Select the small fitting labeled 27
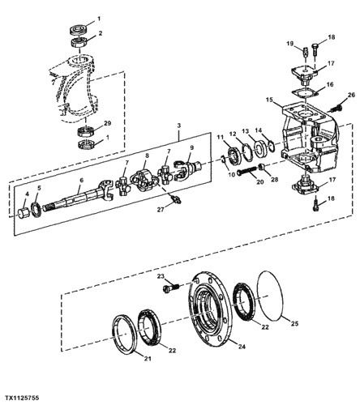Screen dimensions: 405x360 [x=174, y=197]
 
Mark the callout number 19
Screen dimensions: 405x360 [x=289, y=42]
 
